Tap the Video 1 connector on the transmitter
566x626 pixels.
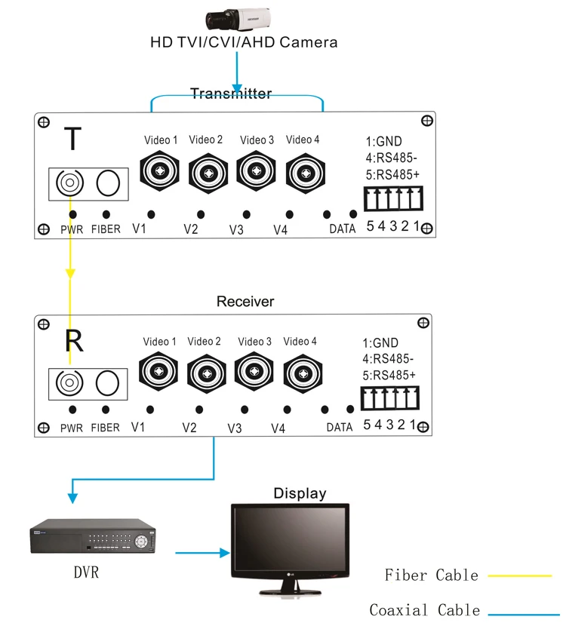pos(160,172)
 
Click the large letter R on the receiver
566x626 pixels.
pos(74,340)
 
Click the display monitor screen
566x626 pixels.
pos(290,540)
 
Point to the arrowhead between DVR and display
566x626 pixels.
pos(224,553)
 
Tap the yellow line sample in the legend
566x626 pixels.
pos(520,575)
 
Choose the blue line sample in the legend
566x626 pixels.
pos(520,612)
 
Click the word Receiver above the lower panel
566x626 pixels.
pos(245,302)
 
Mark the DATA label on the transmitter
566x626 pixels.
pos(342,229)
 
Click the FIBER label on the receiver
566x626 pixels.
pos(105,428)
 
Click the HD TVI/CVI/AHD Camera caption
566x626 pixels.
pos(244,41)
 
